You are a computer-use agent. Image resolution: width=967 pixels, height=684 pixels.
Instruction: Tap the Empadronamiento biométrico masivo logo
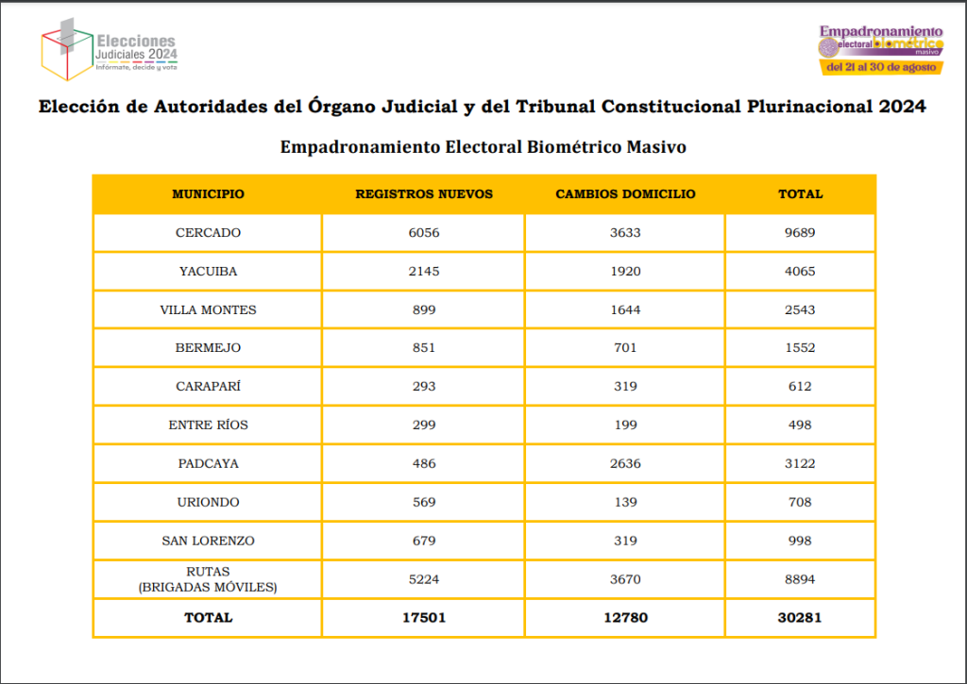pyautogui.click(x=881, y=49)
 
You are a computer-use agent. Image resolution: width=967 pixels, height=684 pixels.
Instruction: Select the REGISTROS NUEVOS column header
pyautogui.click(x=424, y=194)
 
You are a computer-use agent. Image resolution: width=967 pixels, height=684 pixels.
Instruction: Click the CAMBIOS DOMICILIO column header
pyautogui.click(x=625, y=194)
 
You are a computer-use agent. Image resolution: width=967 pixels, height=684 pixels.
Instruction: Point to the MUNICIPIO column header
pyautogui.click(x=208, y=194)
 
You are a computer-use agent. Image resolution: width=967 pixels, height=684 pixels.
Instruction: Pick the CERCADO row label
pyautogui.click(x=208, y=233)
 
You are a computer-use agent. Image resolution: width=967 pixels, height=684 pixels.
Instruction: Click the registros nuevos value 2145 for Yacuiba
pyautogui.click(x=424, y=272)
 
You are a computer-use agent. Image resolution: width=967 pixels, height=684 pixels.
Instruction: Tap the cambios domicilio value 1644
pyautogui.click(x=625, y=309)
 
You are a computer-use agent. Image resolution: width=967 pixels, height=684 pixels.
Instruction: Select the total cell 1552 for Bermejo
pyautogui.click(x=800, y=348)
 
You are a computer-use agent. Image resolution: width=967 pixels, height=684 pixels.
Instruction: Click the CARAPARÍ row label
pyautogui.click(x=208, y=386)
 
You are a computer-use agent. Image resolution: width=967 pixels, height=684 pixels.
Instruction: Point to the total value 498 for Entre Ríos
pyautogui.click(x=800, y=425)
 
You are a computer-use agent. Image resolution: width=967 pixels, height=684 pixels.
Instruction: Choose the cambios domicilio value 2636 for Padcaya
pyautogui.click(x=625, y=463)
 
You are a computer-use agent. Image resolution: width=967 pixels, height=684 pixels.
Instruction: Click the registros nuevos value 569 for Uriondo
pyautogui.click(x=424, y=502)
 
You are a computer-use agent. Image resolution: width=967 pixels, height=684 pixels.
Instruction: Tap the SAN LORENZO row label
pyautogui.click(x=208, y=541)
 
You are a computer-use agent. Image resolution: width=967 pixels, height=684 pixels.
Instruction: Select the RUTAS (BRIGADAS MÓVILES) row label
pyautogui.click(x=208, y=579)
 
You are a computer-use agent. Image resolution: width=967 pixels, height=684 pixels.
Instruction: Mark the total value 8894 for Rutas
pyautogui.click(x=800, y=579)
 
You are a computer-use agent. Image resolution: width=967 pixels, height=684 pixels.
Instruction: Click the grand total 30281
pyautogui.click(x=800, y=618)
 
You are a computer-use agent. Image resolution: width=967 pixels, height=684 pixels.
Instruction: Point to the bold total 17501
pyautogui.click(x=424, y=618)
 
